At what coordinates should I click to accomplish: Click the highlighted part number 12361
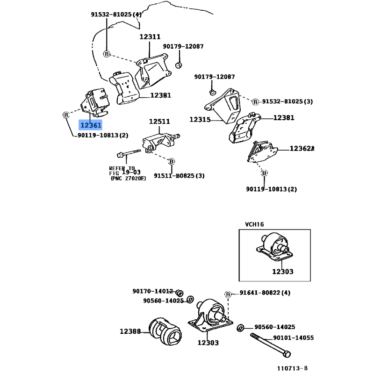coord(90,125)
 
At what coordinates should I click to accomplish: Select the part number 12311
coord(150,37)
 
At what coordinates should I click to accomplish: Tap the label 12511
coord(159,122)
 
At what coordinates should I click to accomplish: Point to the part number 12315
coord(200,120)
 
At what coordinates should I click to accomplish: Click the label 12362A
coord(302,149)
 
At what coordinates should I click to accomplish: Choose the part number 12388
coord(130,331)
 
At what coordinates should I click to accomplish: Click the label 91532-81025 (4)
coord(116,14)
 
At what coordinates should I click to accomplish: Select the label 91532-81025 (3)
coord(288,101)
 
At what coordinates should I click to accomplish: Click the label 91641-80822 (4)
coord(265,293)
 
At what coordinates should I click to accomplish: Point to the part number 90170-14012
coord(153,291)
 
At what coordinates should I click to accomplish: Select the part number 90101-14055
coord(293,338)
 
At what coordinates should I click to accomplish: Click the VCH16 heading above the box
coord(255,224)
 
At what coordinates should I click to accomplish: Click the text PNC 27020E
coord(128,179)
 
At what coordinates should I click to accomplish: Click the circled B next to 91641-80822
coord(228,294)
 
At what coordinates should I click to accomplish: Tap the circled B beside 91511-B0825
coord(172,161)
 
